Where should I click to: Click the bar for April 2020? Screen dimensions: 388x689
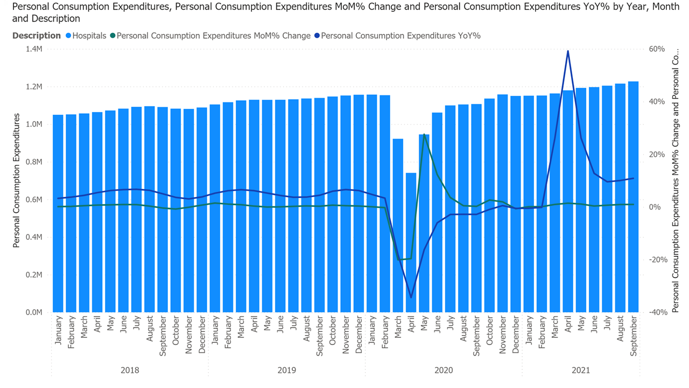pos(411,242)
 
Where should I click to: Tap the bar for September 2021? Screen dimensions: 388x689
pos(633,197)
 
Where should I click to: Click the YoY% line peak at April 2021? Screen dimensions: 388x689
pos(568,51)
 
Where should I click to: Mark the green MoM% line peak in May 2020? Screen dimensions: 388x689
pos(424,134)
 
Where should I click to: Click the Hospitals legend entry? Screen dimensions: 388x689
pos(86,36)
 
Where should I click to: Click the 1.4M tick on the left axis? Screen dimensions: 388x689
pos(34,49)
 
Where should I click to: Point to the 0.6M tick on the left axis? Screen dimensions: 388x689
pos(34,199)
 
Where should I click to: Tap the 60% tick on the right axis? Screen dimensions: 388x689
pos(656,49)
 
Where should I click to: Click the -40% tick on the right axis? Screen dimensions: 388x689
pos(655,312)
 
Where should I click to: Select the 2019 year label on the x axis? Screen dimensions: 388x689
pos(286,370)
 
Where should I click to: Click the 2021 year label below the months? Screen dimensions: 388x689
pos(581,370)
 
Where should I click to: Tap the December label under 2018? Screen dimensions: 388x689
pos(202,335)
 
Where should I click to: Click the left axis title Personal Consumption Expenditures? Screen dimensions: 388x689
pos(16,181)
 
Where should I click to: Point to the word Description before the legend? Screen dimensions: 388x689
pos(37,36)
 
